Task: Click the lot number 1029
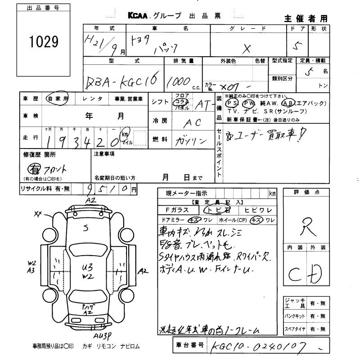[x=44, y=43]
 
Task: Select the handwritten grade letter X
[x=246, y=48]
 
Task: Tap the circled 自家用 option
[x=57, y=99]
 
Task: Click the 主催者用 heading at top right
[x=306, y=18]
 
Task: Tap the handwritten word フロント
[x=55, y=169]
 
